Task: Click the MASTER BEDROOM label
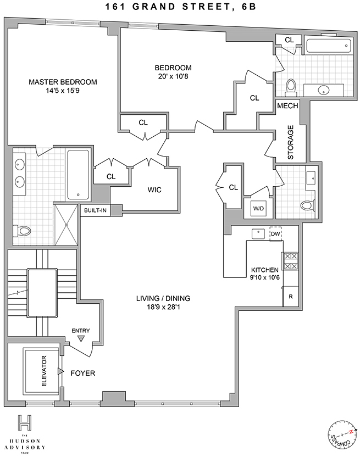click(63, 82)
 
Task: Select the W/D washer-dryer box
click(258, 208)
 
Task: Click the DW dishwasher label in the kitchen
click(275, 233)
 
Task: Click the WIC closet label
click(154, 190)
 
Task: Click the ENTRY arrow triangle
click(81, 339)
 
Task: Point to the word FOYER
click(83, 374)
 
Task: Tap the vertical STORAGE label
click(291, 142)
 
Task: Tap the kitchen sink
click(257, 233)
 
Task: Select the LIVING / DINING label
click(163, 298)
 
